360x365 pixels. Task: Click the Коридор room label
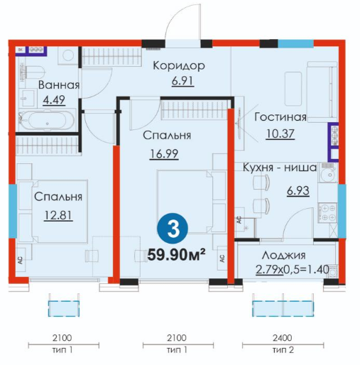179,66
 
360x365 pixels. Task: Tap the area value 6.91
182,81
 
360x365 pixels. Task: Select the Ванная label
59,85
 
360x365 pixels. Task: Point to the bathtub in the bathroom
48,120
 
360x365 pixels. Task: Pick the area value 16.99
164,154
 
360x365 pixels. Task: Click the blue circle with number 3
173,229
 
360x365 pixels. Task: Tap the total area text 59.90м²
176,255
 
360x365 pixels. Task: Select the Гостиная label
280,117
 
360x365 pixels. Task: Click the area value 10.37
280,134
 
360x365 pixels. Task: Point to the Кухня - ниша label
280,168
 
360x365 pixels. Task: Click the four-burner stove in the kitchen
327,212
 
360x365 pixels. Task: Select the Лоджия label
283,255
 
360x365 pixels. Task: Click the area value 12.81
58,215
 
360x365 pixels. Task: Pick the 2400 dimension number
283,338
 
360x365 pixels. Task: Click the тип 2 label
283,349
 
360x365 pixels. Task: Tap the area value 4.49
54,100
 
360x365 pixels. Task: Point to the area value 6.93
298,191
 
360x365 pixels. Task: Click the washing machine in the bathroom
68,55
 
